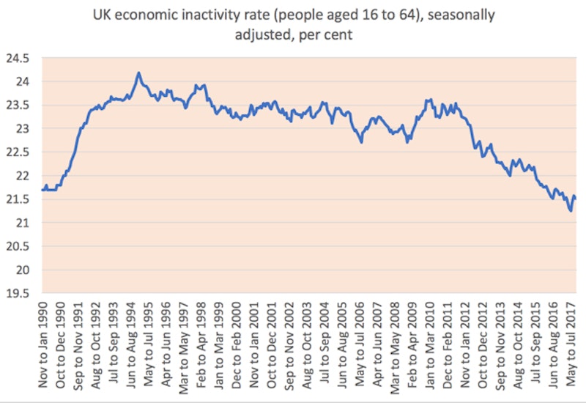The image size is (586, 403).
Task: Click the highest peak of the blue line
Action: click(138, 73)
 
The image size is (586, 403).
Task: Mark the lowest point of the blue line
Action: click(571, 211)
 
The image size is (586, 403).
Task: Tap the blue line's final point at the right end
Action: click(576, 199)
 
